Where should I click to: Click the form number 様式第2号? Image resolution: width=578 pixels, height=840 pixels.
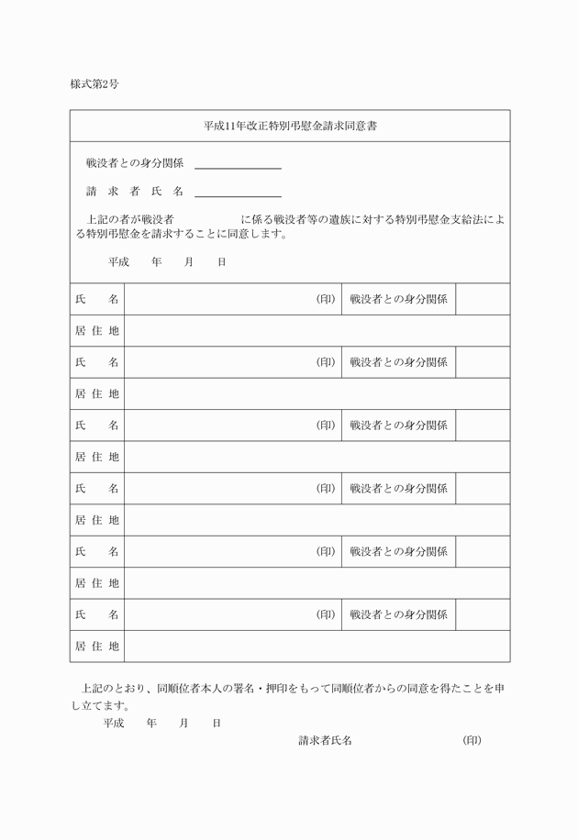94,84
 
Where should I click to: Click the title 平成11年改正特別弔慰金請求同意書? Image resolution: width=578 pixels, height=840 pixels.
290,127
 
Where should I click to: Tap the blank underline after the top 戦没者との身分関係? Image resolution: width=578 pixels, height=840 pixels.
238,166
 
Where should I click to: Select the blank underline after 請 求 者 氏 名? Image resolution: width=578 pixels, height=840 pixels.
238,193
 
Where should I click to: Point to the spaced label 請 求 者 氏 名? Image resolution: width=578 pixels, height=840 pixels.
135,192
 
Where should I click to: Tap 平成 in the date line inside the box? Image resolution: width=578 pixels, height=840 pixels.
118,262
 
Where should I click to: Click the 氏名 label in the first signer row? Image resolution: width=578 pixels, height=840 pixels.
97,299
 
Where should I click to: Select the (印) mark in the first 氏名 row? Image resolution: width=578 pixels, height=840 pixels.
326,299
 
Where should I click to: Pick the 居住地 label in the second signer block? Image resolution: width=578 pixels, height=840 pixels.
97,393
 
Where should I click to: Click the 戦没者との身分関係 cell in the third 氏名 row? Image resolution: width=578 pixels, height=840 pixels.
399,426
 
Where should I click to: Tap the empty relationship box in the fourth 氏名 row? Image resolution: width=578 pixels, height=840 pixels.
483,489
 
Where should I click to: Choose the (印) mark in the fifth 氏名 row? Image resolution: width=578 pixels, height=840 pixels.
326,551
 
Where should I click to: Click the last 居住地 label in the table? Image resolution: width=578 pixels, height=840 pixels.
97,646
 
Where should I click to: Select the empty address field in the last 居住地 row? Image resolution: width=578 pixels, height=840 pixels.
317,646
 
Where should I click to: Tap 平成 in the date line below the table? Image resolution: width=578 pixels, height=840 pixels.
114,723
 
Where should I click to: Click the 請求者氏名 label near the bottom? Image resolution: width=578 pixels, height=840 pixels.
325,740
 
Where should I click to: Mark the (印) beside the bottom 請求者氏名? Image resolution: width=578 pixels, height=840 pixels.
472,740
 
